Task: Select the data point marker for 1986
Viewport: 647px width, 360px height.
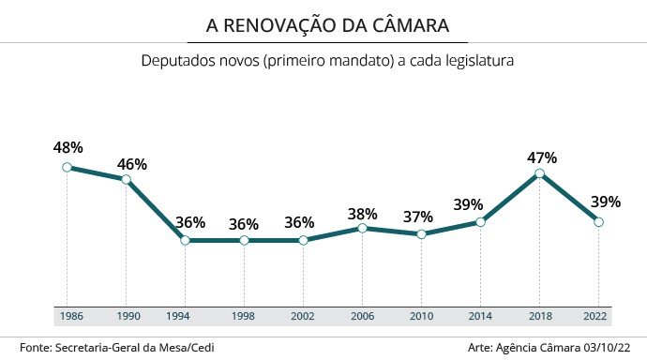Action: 67,167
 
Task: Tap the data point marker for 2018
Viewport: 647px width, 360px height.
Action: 540,173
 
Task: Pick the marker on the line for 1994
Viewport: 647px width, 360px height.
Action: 185,240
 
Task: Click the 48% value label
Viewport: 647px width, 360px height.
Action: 68,147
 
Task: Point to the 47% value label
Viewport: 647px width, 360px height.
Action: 542,157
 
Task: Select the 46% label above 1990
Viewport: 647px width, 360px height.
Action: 131,164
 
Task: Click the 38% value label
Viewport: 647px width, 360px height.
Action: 362,213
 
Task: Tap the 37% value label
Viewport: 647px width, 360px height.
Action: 417,217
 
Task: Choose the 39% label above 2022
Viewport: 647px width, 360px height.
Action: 605,203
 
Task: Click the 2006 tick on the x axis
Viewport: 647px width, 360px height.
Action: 362,317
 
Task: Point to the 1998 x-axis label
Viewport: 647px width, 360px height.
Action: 244,317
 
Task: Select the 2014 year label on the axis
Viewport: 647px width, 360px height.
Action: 480,317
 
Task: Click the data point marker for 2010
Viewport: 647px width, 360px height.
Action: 421,233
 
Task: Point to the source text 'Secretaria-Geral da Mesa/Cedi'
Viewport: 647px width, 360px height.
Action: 143,348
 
